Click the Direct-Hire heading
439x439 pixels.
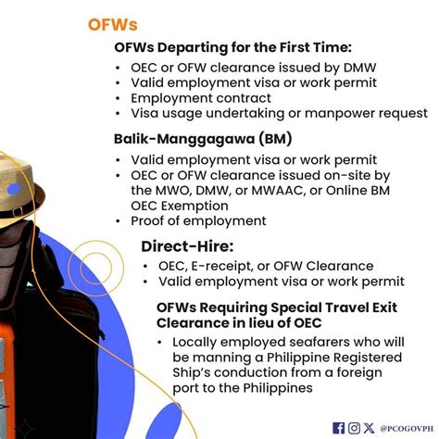click(x=187, y=246)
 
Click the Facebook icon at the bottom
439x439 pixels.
click(x=339, y=427)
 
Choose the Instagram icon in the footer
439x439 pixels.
click(x=354, y=427)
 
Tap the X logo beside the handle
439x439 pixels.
click(x=369, y=427)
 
